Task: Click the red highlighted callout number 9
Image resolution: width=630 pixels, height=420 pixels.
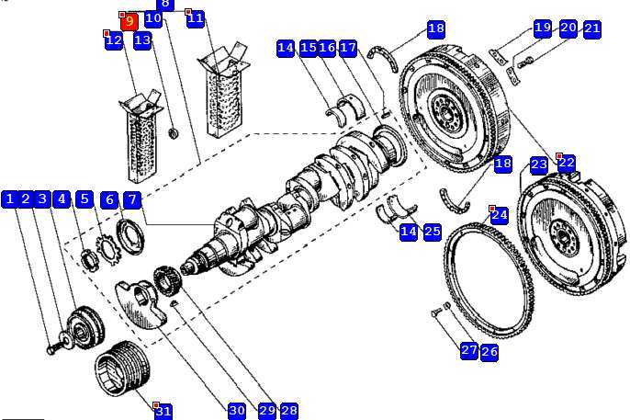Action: (x=129, y=21)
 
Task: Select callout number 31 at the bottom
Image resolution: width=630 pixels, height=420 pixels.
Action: (x=164, y=412)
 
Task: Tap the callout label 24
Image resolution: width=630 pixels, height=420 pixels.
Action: (x=500, y=216)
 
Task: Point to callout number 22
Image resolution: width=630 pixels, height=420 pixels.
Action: (x=568, y=163)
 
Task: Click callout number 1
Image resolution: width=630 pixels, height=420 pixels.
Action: (x=10, y=199)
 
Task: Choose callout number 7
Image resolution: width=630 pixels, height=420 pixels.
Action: (x=132, y=199)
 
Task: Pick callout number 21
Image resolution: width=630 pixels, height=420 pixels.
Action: (x=592, y=28)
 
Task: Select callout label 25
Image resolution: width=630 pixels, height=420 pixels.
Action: (x=433, y=232)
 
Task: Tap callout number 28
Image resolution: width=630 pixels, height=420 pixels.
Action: (x=289, y=410)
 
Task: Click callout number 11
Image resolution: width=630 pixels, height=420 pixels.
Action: (x=196, y=18)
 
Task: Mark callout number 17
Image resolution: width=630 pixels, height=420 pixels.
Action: (x=348, y=48)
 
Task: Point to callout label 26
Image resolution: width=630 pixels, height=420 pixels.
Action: (x=489, y=352)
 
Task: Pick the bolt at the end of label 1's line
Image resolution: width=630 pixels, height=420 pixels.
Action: (x=52, y=348)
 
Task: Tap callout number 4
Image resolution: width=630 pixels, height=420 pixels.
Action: (x=62, y=199)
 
